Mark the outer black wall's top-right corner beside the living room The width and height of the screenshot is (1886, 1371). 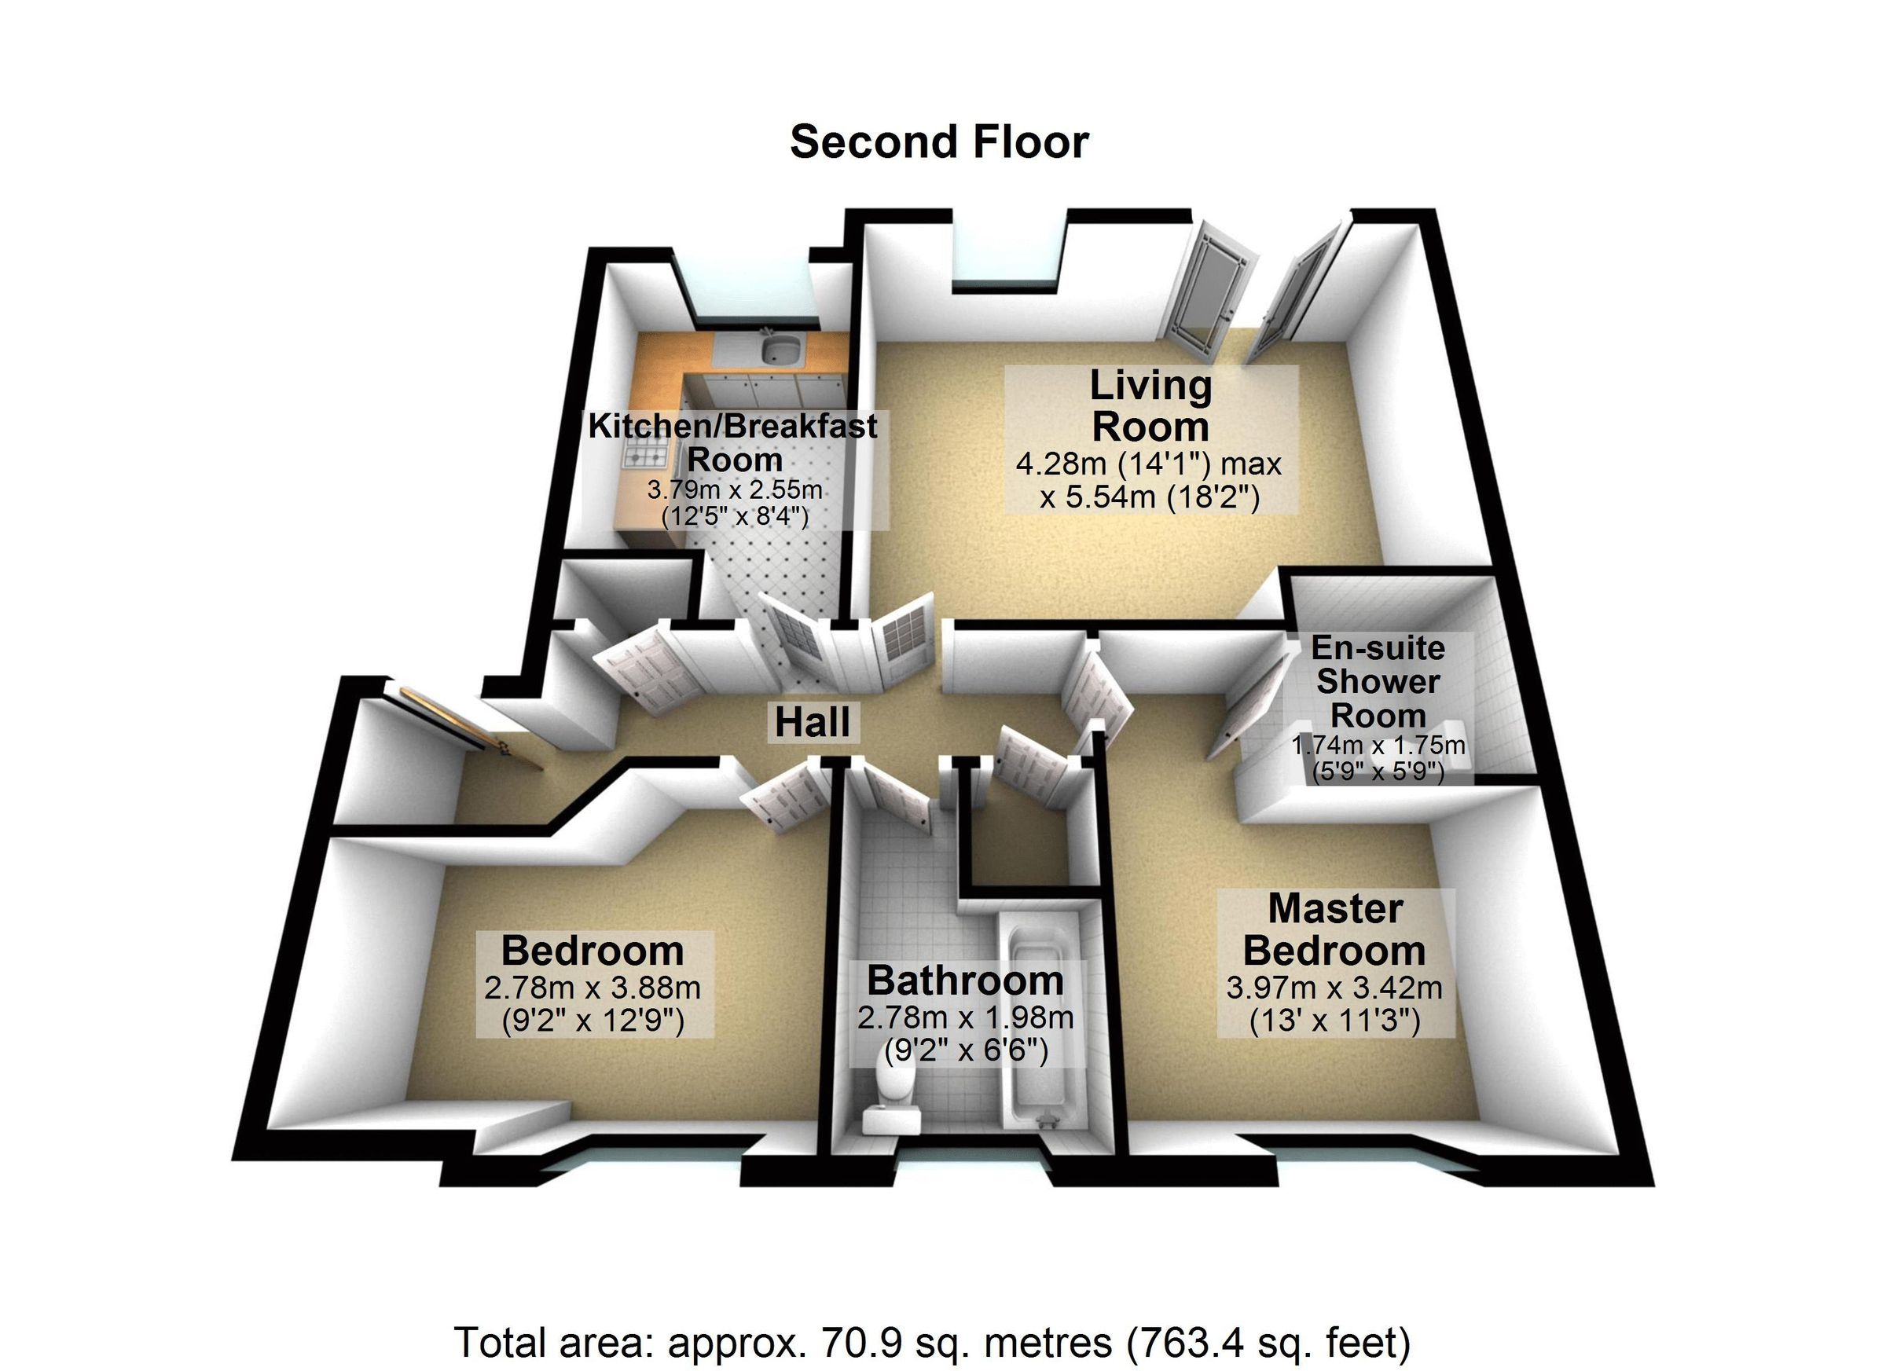[1437, 211]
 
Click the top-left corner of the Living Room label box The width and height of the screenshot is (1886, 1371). [1005, 366]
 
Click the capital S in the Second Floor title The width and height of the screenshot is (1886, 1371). [803, 142]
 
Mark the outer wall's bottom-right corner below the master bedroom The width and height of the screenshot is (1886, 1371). [1653, 1185]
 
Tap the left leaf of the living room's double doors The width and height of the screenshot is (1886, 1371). [1200, 287]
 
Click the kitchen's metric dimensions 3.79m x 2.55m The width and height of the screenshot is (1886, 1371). [735, 489]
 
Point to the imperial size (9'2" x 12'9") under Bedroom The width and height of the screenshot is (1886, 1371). [593, 1020]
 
